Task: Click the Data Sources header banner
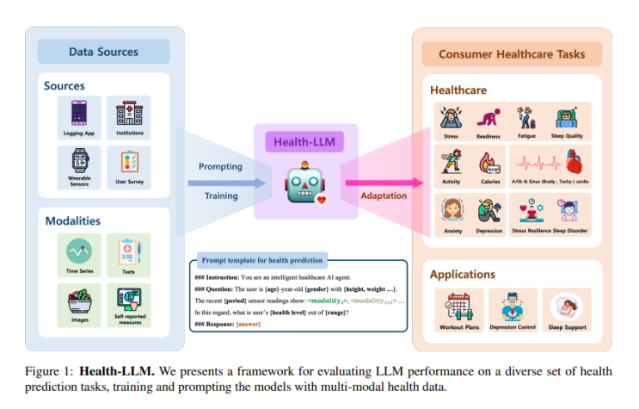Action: [103, 52]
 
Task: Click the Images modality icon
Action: [78, 301]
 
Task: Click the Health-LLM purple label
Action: [305, 141]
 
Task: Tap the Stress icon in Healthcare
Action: [450, 118]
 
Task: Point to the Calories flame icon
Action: [489, 163]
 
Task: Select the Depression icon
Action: [489, 210]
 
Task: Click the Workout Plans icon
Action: [456, 306]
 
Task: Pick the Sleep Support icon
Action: [566, 306]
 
